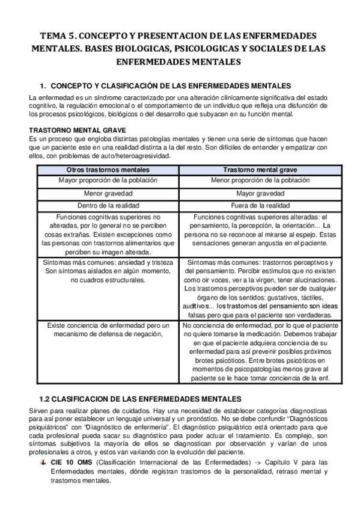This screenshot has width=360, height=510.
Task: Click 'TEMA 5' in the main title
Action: (58, 35)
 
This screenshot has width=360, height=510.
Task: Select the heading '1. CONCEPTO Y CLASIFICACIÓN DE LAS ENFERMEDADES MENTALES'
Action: (165, 85)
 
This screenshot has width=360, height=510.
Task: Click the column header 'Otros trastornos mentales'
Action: (108, 170)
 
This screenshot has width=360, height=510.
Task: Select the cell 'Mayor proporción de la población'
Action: (108, 180)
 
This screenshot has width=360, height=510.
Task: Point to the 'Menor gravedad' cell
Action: (108, 194)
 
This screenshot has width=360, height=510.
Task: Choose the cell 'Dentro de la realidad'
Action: (108, 206)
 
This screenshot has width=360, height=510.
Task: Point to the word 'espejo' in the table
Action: (305, 235)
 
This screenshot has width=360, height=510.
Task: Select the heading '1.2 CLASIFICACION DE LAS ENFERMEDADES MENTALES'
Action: (140, 399)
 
